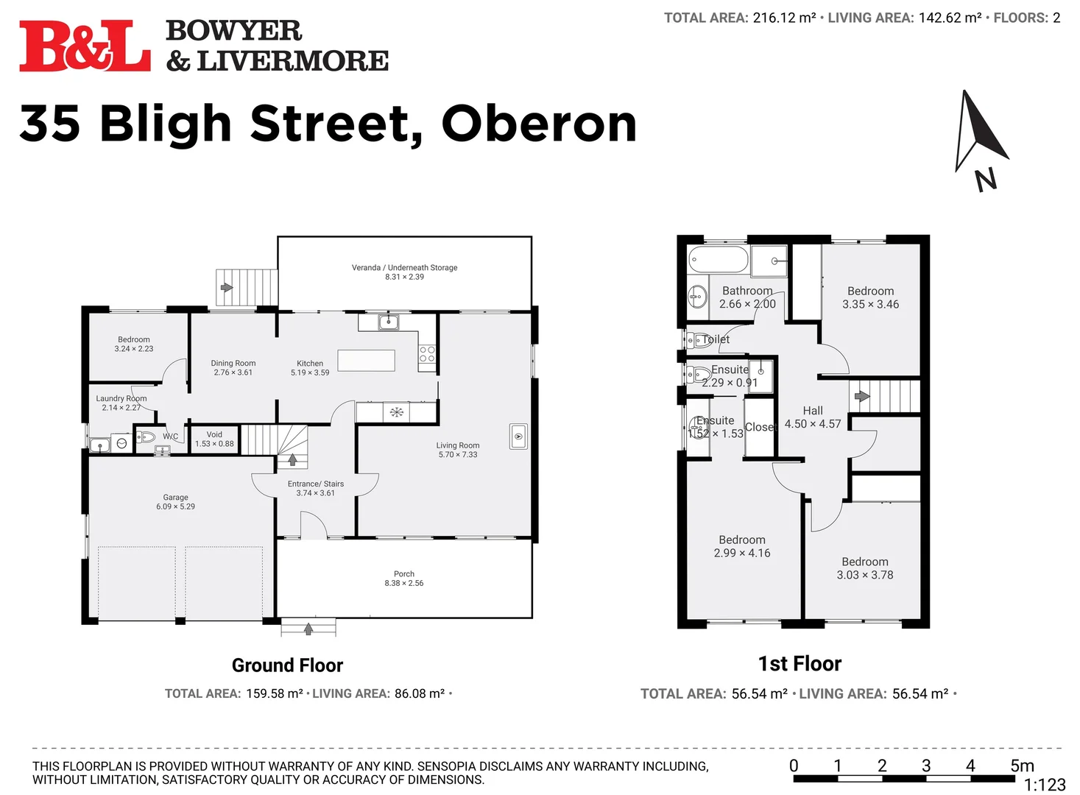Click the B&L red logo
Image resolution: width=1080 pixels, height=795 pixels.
(85, 47)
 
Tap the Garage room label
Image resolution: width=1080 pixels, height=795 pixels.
(175, 498)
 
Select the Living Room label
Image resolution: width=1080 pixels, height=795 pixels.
(457, 445)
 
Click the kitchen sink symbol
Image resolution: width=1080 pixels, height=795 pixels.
(388, 322)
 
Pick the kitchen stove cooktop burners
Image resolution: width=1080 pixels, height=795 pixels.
(427, 354)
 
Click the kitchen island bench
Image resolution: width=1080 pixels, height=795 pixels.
(366, 360)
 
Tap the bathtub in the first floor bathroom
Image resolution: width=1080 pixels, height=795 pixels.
(718, 260)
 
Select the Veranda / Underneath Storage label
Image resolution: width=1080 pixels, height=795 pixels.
(404, 268)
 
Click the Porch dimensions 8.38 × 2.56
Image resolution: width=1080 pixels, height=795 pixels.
(403, 583)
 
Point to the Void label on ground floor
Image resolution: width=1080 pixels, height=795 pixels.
(214, 434)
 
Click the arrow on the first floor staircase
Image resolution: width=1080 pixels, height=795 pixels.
(861, 396)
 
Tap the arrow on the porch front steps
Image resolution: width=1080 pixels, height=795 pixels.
(308, 629)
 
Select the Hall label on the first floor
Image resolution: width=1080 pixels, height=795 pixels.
(813, 411)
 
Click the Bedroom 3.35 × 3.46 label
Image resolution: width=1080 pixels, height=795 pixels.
(870, 291)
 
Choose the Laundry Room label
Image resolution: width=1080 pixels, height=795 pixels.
(121, 398)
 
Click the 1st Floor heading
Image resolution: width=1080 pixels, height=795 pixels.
(800, 664)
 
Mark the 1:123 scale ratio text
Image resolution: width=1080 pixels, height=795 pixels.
(1044, 785)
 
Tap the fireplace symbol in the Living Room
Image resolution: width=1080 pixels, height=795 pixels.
(518, 437)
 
